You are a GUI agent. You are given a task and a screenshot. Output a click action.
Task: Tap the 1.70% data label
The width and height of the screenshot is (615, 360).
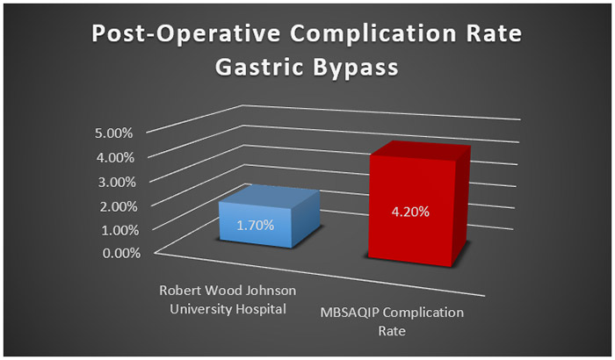point(255,225)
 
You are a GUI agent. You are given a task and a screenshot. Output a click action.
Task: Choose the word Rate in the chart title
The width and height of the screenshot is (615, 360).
point(492,36)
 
